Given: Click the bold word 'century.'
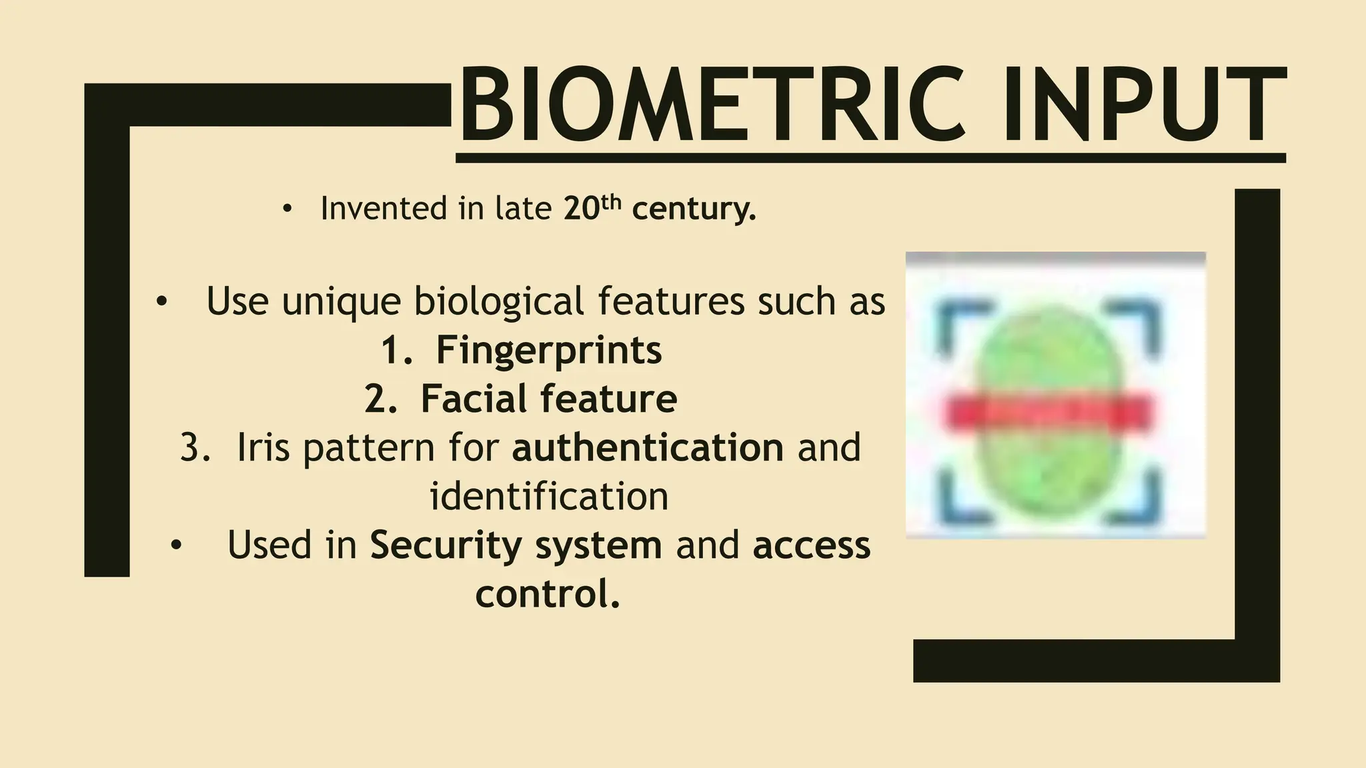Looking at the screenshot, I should pos(694,209).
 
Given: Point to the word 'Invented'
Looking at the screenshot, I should pos(383,209).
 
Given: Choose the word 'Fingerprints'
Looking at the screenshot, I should pos(548,351).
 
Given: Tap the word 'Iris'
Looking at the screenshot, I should pos(263,448).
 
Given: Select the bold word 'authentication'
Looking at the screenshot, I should pos(647,447).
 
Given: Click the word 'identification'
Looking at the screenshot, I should pos(548,497).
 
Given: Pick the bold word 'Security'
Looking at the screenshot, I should pos(446,545).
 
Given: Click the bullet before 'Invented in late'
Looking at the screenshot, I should pos(287,210).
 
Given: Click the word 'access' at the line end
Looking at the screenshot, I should pos(811,545).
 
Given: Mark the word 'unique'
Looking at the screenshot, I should pos(341,303).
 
